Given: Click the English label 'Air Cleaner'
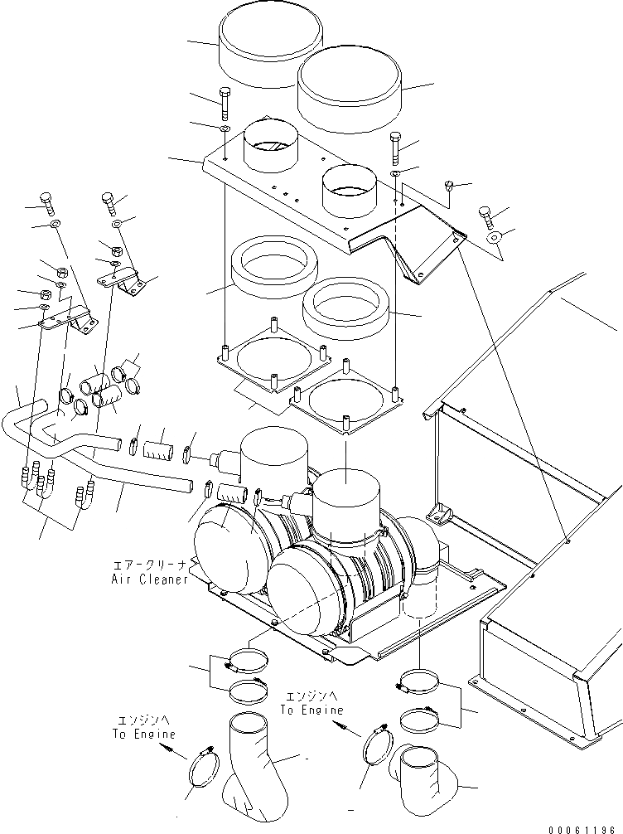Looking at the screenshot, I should (150, 579).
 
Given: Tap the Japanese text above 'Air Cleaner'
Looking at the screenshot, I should (150, 565).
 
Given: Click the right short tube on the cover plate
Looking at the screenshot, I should (348, 188).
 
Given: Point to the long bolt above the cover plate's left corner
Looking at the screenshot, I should (226, 103).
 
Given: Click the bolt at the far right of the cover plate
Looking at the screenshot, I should (486, 219).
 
